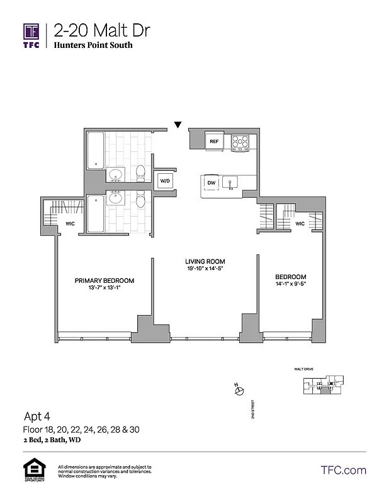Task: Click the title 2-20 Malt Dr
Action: (x=102, y=30)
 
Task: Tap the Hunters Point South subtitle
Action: (x=93, y=45)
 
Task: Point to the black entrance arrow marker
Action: (x=178, y=125)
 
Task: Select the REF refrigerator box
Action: (x=214, y=142)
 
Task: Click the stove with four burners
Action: (x=240, y=143)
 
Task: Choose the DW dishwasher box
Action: (x=211, y=183)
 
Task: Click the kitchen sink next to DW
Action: (x=231, y=183)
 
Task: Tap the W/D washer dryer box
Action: (x=165, y=181)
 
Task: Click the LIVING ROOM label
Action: (x=205, y=261)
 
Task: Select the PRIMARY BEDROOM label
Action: (x=104, y=281)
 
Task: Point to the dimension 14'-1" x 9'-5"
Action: (x=291, y=285)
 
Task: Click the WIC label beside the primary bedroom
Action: (x=70, y=224)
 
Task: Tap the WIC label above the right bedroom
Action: (x=300, y=224)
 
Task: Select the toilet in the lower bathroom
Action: (x=142, y=200)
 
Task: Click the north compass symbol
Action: (x=239, y=391)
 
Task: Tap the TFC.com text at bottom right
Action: (x=343, y=470)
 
